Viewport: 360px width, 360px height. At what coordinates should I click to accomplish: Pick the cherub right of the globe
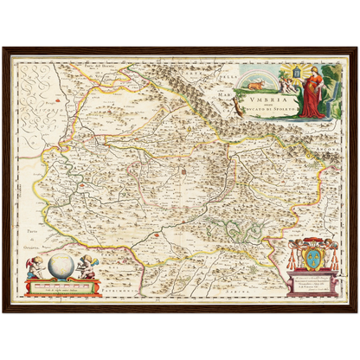click(x=87, y=267)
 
